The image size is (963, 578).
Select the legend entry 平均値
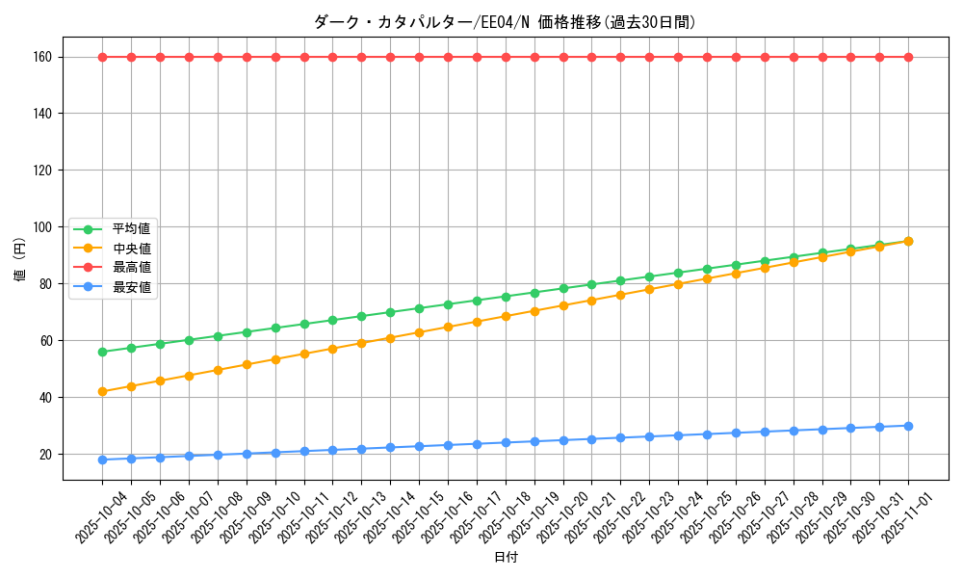131,229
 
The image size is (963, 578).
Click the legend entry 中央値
131,248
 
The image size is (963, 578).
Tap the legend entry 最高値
131,267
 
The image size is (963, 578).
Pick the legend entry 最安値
131,286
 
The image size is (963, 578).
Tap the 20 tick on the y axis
45,454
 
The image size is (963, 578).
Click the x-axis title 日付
506,558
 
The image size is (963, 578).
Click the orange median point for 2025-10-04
102,391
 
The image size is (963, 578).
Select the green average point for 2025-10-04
102,352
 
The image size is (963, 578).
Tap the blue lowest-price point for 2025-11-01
908,426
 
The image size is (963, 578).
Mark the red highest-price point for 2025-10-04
102,57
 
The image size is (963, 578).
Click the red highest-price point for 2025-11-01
908,57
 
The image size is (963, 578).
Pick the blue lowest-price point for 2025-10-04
102,460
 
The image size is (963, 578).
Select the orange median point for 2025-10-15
419,332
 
